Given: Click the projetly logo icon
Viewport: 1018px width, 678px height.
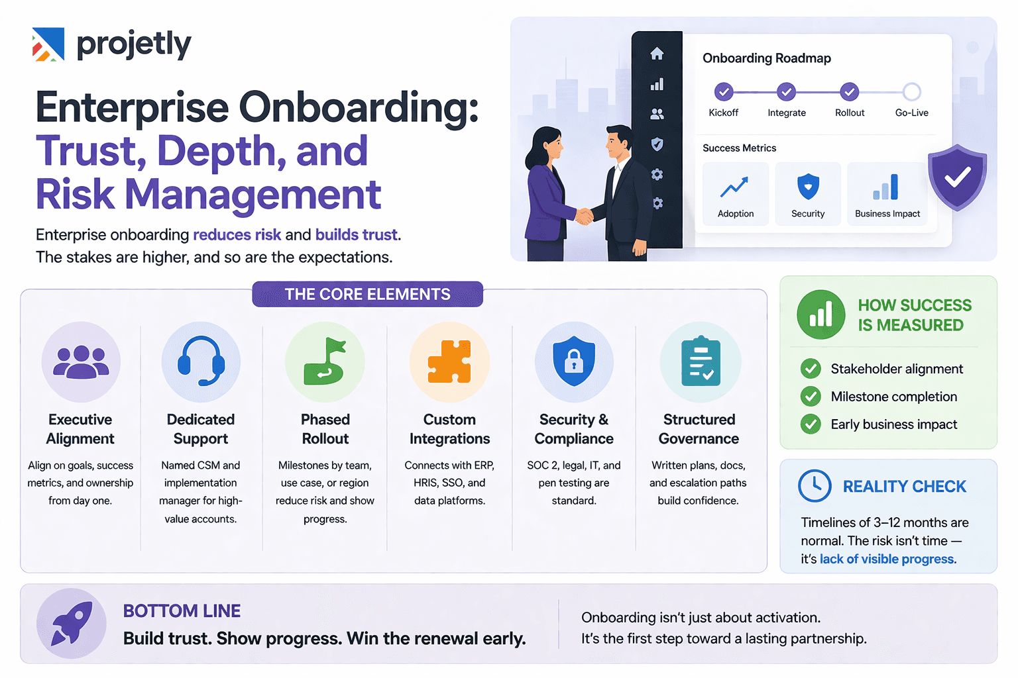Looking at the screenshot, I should click(x=48, y=44).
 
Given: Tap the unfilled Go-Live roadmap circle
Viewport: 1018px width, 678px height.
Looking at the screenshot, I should click(x=911, y=91).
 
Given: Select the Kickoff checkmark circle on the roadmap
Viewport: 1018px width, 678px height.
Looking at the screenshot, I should click(x=723, y=91).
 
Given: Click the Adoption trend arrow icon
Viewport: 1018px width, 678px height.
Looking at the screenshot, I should click(x=734, y=187).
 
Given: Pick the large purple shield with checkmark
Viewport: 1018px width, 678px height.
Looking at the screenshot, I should click(x=957, y=177).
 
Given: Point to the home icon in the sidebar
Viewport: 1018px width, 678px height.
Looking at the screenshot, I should click(x=657, y=54).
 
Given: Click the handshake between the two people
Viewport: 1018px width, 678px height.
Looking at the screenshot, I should click(x=584, y=216).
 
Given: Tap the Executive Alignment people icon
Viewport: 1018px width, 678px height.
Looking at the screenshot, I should click(x=81, y=362).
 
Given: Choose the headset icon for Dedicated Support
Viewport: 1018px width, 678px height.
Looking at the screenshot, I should click(x=201, y=361).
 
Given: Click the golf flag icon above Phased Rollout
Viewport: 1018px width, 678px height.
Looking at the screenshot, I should click(x=325, y=362).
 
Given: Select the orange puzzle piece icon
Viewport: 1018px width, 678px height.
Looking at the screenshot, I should click(x=449, y=362).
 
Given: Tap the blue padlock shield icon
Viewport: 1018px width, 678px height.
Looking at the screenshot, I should click(x=574, y=361).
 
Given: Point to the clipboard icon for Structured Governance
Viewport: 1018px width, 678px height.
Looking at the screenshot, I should click(x=700, y=362).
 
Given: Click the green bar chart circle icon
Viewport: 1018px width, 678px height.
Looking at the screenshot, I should click(x=820, y=315).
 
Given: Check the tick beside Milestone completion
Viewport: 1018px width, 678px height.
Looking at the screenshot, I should click(x=811, y=397).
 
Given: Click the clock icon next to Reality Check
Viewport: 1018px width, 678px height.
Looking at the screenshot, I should click(x=815, y=486).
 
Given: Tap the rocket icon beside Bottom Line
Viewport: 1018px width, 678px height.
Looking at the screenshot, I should click(x=72, y=623).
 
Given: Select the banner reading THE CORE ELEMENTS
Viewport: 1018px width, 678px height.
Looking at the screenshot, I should click(x=367, y=294).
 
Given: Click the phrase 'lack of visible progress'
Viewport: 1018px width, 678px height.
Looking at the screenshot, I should click(x=887, y=559).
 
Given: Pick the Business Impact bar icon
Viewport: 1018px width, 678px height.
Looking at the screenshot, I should click(x=886, y=187).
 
